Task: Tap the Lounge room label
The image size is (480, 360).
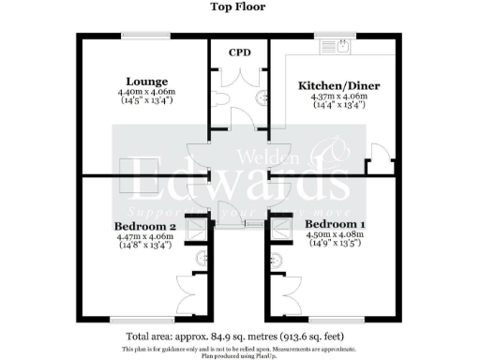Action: [x=146, y=82]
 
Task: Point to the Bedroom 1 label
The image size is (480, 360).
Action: [x=336, y=225]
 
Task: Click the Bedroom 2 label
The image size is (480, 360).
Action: [x=145, y=227]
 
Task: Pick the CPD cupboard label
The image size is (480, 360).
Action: [x=238, y=52]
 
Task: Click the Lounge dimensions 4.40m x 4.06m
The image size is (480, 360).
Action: [x=146, y=93]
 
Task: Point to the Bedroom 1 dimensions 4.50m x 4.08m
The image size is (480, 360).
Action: [x=337, y=236]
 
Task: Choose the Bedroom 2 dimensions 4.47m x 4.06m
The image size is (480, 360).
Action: [x=145, y=238]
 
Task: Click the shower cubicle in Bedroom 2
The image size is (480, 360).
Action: [x=199, y=228]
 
